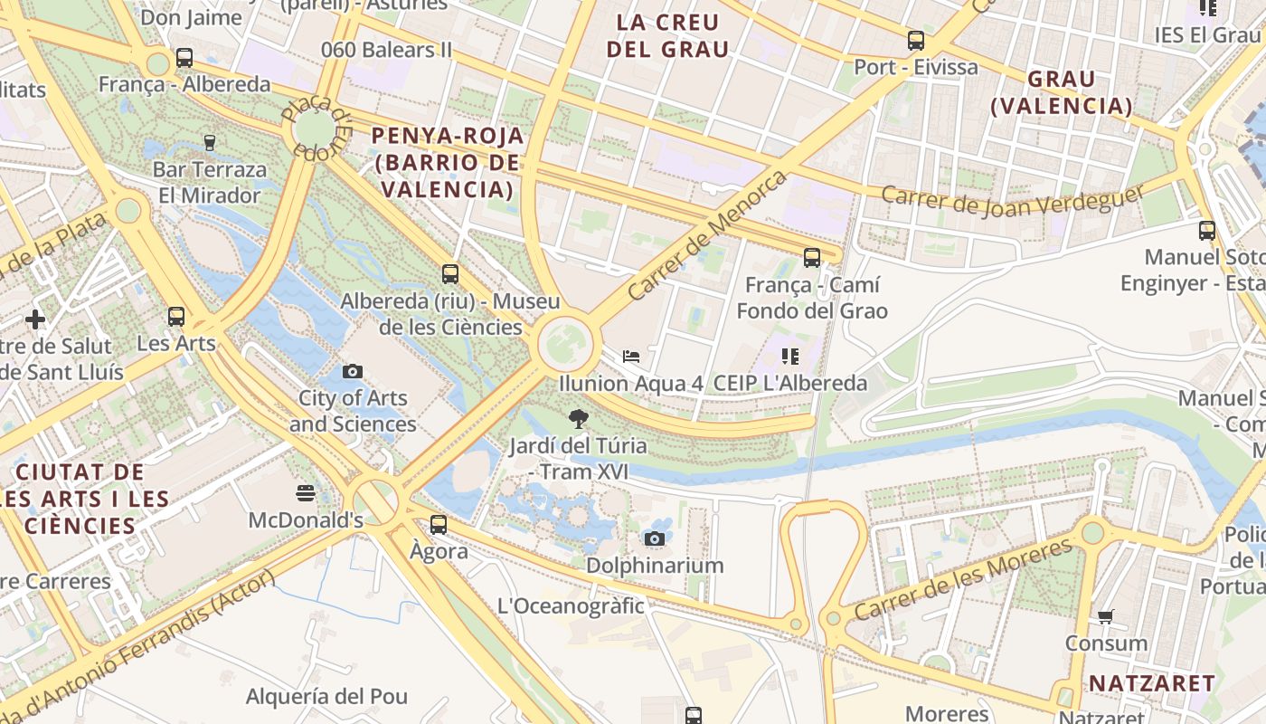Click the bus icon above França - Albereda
coord(184,58)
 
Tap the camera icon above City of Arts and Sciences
coord(353,371)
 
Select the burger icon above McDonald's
coord(306,493)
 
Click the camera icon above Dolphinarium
coord(655,539)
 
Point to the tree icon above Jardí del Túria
coord(578,419)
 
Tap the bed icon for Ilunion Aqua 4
coord(631,357)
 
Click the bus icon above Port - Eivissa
coord(916,41)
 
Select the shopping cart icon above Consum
coord(1105,617)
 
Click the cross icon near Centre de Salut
coord(35,319)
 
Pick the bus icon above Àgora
coord(439,524)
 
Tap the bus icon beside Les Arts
coord(176,317)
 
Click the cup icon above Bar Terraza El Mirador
coord(210,142)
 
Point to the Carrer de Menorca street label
coord(707,234)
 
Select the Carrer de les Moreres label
coord(963,579)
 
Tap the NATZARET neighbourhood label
coord(1151,682)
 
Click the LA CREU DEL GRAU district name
coord(667,36)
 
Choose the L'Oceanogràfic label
coord(572,605)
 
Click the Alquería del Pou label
coord(326,697)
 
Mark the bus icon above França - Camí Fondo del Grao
coord(812,258)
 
